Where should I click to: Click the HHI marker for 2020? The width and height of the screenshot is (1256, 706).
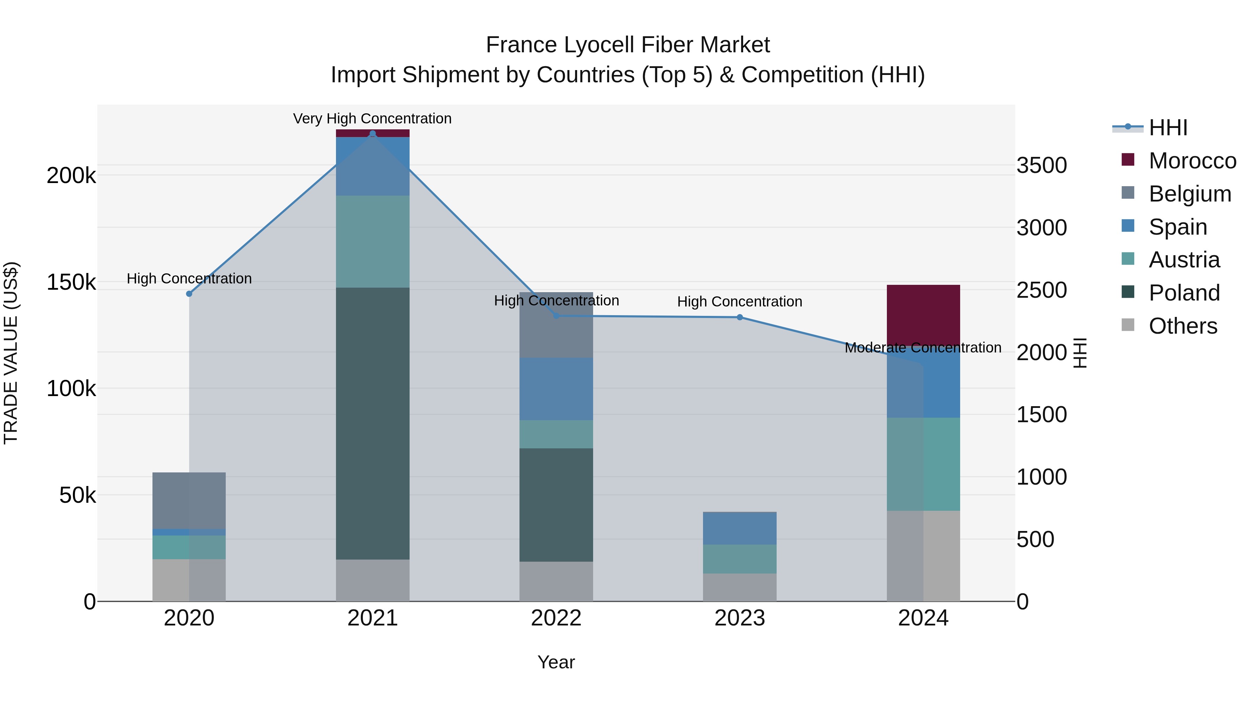[x=189, y=294]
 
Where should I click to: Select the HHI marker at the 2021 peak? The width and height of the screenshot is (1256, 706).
[x=373, y=134]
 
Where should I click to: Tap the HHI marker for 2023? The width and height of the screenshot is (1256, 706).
[x=740, y=317]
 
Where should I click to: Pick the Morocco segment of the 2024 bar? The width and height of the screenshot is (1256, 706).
[x=923, y=314]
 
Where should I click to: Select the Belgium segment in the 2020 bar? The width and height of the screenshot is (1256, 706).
[x=189, y=500]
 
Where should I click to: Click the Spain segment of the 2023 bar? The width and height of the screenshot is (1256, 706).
[x=740, y=528]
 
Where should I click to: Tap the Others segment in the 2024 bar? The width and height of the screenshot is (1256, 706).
[x=923, y=555]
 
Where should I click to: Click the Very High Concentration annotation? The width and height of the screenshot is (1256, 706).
[x=373, y=119]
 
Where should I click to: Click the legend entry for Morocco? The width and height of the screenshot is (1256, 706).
[x=1192, y=161]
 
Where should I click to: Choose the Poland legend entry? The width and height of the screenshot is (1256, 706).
[x=1184, y=293]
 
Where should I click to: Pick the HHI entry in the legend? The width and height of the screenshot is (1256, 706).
[x=1168, y=128]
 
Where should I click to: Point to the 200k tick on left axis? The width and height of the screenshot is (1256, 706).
[x=71, y=175]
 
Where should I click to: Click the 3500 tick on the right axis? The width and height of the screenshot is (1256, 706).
[x=1041, y=165]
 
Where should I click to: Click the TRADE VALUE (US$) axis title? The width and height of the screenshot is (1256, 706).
[x=11, y=353]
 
